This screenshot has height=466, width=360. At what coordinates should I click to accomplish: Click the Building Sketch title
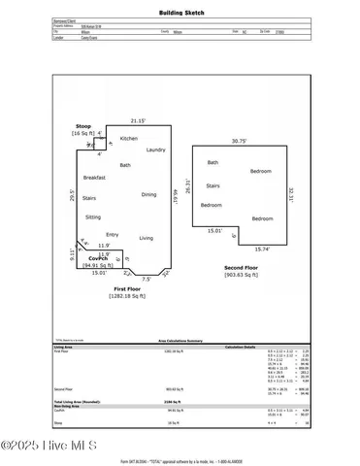click(180, 14)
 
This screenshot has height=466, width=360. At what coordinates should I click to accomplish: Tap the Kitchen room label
click(129, 139)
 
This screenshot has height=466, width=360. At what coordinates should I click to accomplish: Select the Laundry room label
click(155, 150)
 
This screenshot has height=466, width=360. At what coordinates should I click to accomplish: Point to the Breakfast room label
click(94, 178)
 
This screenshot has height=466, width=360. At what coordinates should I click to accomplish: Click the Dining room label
click(148, 194)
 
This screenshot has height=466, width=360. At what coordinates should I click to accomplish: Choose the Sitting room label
click(93, 216)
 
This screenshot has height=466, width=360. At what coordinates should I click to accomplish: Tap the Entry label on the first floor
click(113, 234)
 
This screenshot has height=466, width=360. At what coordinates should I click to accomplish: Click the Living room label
click(146, 237)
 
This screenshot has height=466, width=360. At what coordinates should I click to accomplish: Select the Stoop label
click(83, 127)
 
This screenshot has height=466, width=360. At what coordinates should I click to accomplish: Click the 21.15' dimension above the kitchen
click(138, 121)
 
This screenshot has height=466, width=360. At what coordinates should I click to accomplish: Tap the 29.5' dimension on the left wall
click(73, 193)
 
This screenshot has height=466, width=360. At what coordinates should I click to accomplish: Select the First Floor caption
click(127, 289)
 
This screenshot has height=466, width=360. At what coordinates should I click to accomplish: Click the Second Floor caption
click(241, 267)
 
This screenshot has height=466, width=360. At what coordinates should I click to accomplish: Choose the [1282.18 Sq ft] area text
click(127, 297)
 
